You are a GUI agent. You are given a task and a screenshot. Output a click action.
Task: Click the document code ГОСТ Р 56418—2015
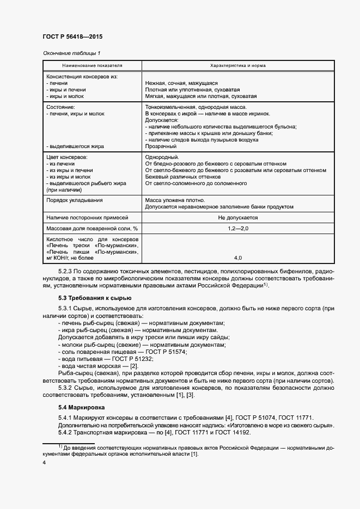click(72, 37)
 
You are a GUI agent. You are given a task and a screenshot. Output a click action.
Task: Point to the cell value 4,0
click(238, 257)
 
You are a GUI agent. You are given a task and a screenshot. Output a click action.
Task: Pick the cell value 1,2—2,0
click(238, 228)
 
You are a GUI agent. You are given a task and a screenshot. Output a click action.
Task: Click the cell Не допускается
click(238, 217)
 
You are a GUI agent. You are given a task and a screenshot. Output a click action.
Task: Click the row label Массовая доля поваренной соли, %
click(92, 228)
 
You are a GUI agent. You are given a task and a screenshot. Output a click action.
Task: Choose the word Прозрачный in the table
click(161, 146)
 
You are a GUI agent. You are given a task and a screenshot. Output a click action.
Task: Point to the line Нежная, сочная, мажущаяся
click(181, 83)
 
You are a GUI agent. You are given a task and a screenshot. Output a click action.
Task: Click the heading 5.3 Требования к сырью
click(94, 298)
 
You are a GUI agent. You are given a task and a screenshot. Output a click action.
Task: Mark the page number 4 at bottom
click(44, 463)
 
